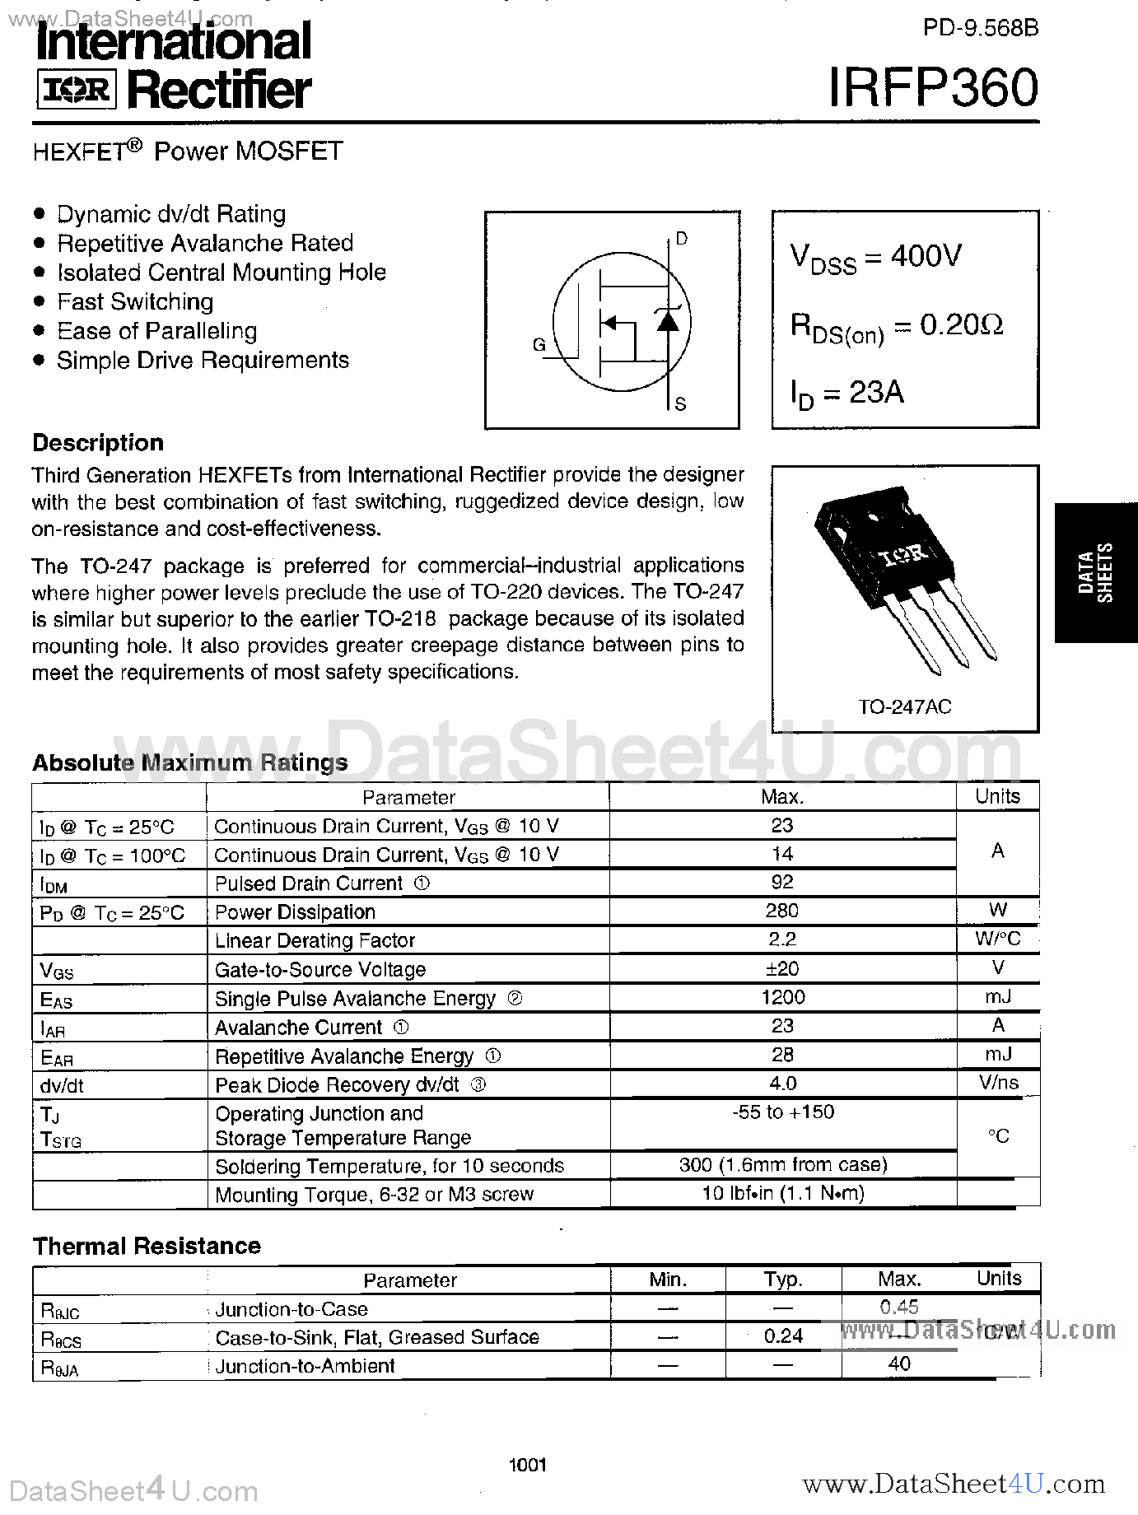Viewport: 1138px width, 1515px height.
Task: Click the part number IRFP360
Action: (x=933, y=87)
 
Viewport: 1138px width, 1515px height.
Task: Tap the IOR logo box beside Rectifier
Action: (x=77, y=90)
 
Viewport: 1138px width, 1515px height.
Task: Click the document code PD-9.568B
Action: (x=980, y=28)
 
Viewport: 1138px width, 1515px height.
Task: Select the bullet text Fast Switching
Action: (x=135, y=302)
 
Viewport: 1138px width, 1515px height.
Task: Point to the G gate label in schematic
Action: (x=539, y=345)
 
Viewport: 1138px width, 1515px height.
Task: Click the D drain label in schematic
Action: (x=681, y=239)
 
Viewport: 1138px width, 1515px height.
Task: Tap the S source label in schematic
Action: (x=680, y=403)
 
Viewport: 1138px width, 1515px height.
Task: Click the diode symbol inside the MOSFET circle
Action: (x=668, y=320)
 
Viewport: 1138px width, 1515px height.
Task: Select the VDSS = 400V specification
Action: (x=874, y=257)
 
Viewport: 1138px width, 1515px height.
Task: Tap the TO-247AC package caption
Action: (x=904, y=707)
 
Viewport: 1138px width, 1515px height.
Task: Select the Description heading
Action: (x=98, y=443)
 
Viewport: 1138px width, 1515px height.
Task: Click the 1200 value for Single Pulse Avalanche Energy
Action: (x=782, y=998)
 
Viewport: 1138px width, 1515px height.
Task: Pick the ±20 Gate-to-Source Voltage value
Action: (x=782, y=969)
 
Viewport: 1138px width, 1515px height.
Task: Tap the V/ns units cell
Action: (x=998, y=1083)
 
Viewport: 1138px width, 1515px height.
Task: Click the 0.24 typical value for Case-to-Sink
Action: (x=782, y=1336)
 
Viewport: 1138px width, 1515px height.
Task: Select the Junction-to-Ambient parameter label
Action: (x=305, y=1366)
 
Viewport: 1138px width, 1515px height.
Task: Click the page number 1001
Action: (x=527, y=1465)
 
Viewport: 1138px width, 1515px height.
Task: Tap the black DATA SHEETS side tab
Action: (x=1095, y=572)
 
